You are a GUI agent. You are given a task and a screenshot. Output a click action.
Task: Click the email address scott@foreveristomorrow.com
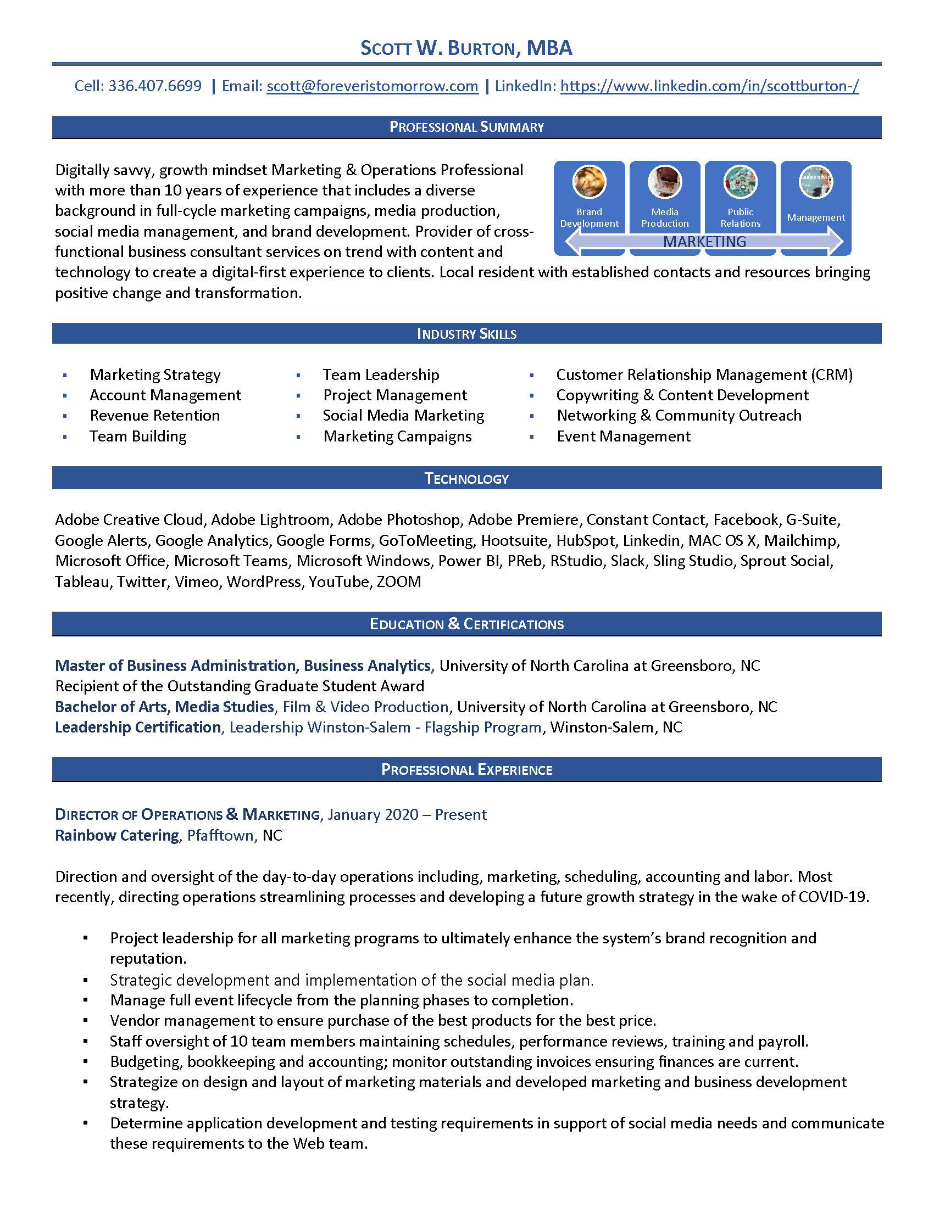coord(373,86)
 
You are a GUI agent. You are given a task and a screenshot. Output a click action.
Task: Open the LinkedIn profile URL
coord(709,86)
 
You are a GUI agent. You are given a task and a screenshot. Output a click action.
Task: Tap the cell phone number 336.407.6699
coord(155,86)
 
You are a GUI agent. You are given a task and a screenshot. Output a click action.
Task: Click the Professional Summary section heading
coord(466,127)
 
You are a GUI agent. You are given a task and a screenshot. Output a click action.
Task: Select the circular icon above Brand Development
coord(590,181)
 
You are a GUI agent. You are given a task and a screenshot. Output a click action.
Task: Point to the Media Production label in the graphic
coord(665,217)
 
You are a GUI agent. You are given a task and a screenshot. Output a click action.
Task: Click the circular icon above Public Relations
coord(741,181)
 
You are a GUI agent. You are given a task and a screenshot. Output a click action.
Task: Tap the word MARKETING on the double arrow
coord(704,242)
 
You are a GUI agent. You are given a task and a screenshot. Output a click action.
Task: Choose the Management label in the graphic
coord(815,217)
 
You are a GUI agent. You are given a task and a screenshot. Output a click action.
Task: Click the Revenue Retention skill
coord(155,416)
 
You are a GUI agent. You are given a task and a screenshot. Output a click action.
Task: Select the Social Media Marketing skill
coord(403,416)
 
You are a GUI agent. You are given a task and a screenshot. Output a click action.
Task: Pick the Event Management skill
coord(624,437)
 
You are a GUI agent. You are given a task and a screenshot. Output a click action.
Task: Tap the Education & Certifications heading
coord(466,624)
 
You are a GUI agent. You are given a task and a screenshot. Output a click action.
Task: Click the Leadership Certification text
coord(138,728)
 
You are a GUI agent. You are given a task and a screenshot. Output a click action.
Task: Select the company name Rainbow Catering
coord(116,835)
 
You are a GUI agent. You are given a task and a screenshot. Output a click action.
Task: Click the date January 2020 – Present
coord(407,815)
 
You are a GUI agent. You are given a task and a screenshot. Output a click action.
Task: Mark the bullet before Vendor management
coord(86,1021)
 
